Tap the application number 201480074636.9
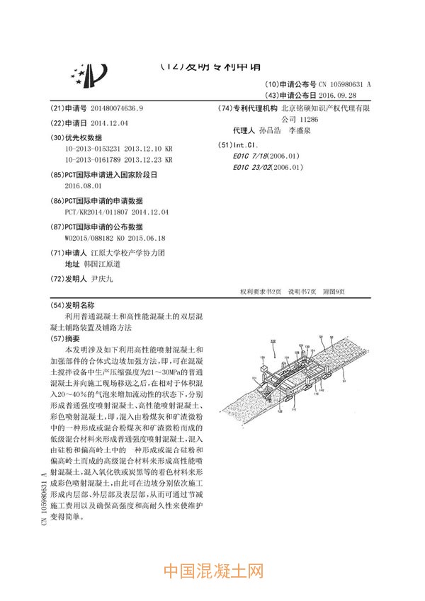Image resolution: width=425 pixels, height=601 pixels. pyautogui.click(x=107, y=108)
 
